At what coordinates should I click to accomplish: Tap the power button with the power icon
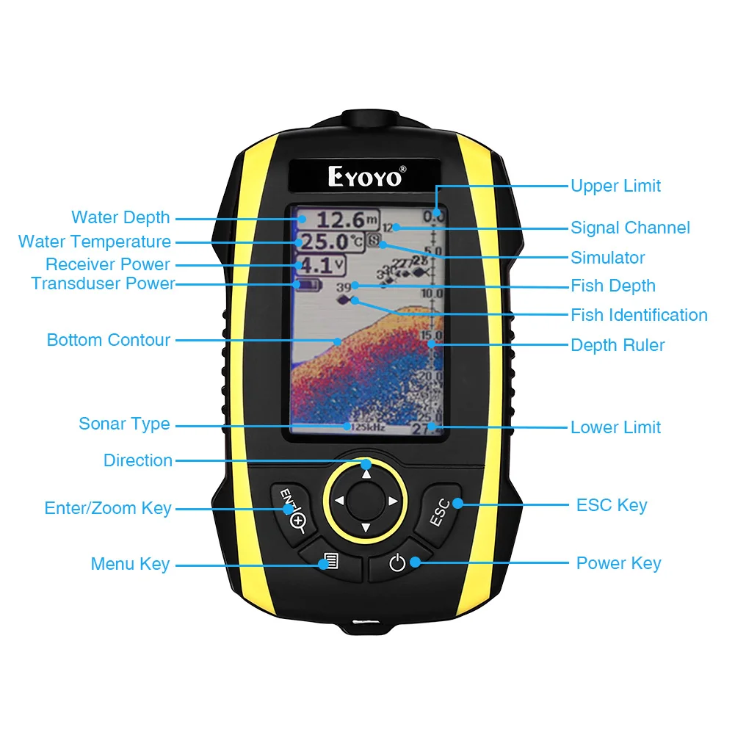[397, 563]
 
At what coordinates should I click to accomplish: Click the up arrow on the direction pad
[366, 474]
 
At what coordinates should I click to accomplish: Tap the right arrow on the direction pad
[393, 501]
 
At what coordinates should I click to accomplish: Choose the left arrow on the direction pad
[338, 501]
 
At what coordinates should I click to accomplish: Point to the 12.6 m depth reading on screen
[339, 219]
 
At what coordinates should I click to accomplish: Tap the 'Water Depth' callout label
[120, 217]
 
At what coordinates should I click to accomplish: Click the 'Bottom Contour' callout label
[109, 340]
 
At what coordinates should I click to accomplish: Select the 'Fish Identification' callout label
[639, 315]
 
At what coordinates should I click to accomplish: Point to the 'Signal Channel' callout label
[630, 228]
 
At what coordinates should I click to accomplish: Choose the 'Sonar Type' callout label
[124, 424]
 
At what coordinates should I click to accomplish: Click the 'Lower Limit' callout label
[615, 427]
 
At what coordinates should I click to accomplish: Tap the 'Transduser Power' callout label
[103, 283]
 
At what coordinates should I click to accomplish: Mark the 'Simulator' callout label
[607, 258]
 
